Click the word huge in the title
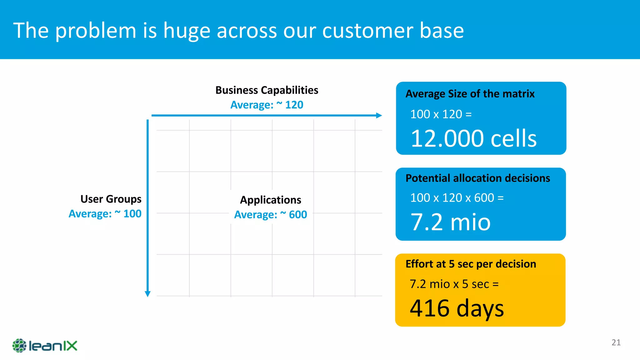click(x=187, y=31)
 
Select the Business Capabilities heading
click(x=267, y=90)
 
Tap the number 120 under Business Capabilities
click(x=294, y=105)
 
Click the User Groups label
click(x=111, y=199)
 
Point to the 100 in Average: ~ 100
click(x=132, y=214)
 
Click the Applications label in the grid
click(x=270, y=200)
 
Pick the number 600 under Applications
click(x=298, y=215)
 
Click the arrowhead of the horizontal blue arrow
click(x=379, y=115)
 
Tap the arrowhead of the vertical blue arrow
click(x=148, y=294)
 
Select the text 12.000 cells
click(x=473, y=138)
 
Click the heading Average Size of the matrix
click(x=470, y=94)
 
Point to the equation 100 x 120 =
click(x=441, y=114)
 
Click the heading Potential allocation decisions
click(x=477, y=178)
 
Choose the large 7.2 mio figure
click(x=450, y=222)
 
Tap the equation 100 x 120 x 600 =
click(x=457, y=198)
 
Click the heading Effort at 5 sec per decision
click(x=471, y=264)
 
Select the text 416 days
click(x=457, y=308)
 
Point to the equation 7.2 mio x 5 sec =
click(x=454, y=284)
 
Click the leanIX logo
click(x=45, y=346)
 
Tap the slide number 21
click(x=616, y=342)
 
